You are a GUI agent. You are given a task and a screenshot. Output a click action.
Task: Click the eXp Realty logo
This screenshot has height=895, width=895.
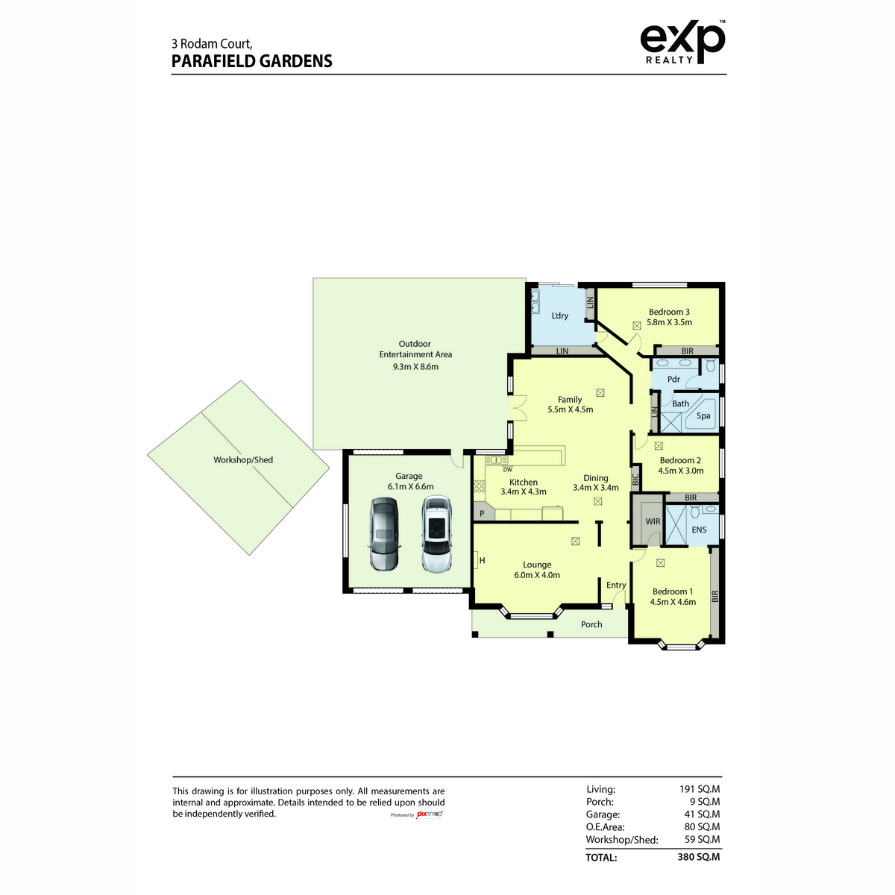coord(682,42)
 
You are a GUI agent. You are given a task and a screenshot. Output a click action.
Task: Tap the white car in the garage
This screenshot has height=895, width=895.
coord(436,534)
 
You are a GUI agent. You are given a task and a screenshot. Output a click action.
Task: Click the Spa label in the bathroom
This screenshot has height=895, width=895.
coord(703,415)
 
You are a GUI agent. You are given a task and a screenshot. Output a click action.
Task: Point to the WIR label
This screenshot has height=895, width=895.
coord(653,521)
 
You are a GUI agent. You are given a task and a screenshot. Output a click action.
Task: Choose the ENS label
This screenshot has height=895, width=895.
coord(699,530)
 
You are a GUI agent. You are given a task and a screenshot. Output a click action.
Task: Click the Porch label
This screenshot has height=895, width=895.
coord(591,624)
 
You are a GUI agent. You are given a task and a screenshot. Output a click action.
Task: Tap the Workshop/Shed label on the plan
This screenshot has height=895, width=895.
coord(243,460)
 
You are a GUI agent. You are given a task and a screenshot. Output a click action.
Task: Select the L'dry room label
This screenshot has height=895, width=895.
coord(559,315)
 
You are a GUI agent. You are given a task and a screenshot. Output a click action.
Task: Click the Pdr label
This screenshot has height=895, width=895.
coord(673,379)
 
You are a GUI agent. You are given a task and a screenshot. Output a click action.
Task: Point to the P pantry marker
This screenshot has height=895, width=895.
coord(482,514)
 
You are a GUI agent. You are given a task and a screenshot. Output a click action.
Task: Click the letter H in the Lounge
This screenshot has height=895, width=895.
coord(482,560)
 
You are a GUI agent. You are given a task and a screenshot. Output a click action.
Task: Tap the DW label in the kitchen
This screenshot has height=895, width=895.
coord(508,470)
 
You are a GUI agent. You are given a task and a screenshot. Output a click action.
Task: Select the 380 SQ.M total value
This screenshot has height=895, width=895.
coord(699,856)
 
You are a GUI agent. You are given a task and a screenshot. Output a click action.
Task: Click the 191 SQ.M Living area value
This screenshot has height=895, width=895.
coord(700,788)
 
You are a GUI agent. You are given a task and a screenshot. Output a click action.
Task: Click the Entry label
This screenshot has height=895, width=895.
coord(616,585)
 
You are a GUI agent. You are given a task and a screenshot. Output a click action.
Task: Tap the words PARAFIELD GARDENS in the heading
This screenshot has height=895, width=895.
coord(252,61)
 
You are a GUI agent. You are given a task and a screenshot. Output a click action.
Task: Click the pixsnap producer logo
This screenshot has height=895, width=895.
coord(429,814)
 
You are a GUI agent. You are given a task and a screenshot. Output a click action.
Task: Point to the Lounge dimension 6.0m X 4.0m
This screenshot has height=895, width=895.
coord(537,574)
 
